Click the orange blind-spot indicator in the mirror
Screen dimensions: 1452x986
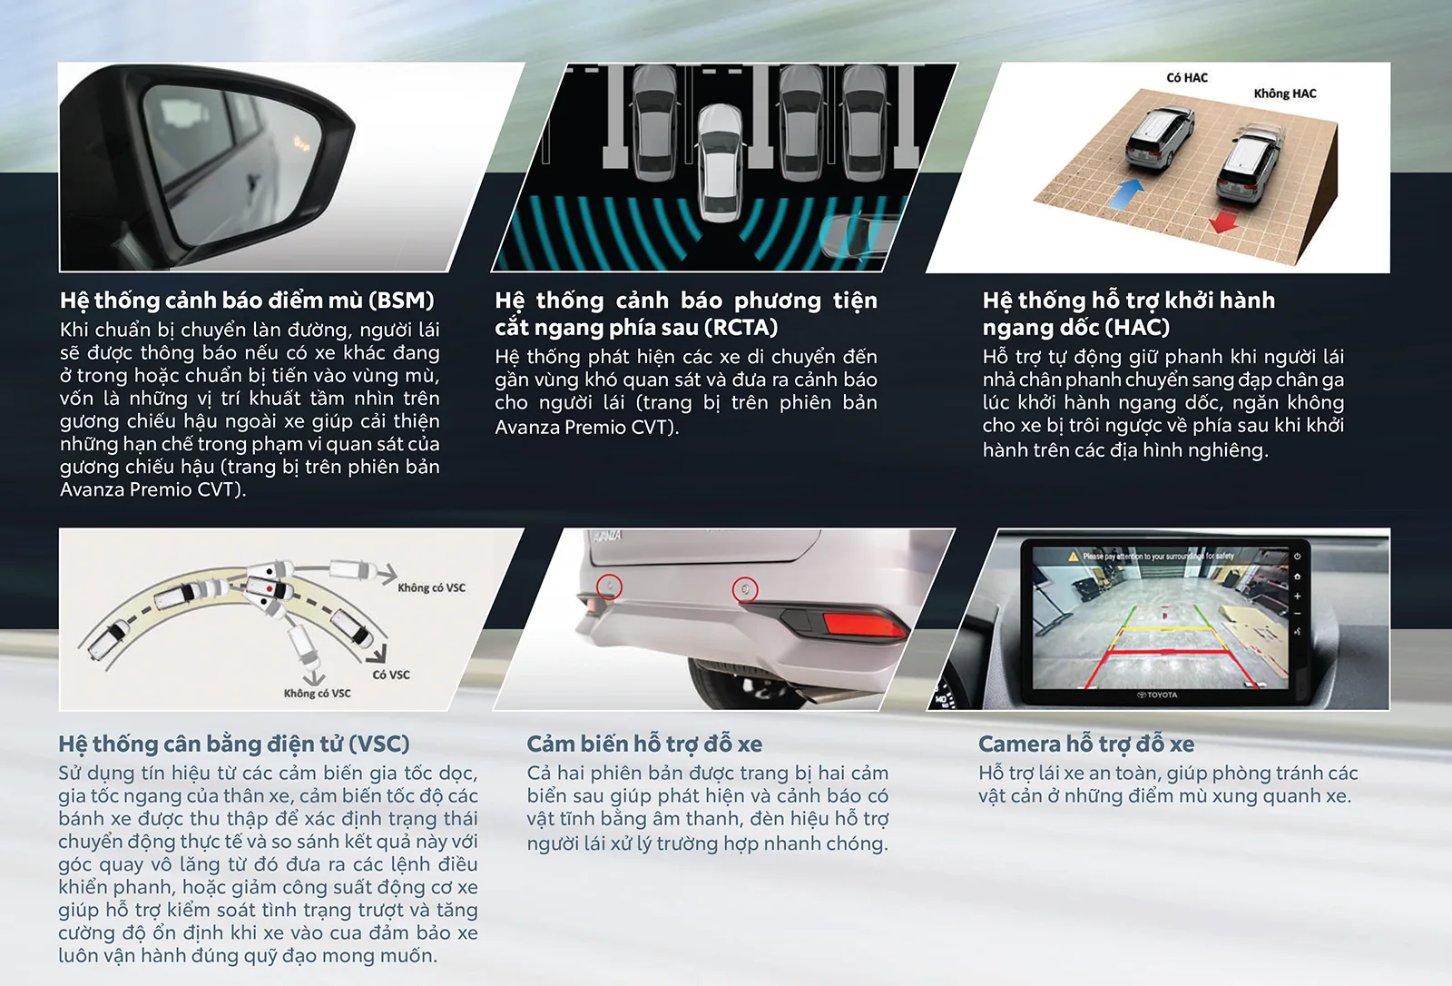pos(301,143)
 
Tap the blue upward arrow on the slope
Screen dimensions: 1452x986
pos(1126,193)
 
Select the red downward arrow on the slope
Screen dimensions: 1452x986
pos(1224,220)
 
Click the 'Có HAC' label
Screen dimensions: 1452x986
pos(1187,78)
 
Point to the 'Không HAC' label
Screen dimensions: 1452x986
pos(1285,94)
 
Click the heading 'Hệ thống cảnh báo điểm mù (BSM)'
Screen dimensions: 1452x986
pos(247,301)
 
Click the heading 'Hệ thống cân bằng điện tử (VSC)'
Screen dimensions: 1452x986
pos(234,744)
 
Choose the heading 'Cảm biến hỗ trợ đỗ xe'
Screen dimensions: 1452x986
pos(644,744)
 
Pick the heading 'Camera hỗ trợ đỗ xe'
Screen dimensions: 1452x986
pos(1085,744)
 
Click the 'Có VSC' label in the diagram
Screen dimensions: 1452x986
pos(391,675)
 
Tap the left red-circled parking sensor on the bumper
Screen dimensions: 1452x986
pos(609,587)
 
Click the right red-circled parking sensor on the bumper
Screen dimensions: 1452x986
pos(745,589)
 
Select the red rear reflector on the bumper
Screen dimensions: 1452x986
pos(864,625)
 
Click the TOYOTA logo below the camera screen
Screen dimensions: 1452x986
pos(1157,695)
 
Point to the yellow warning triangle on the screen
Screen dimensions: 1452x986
pos(1074,556)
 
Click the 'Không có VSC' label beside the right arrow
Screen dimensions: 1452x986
pos(431,587)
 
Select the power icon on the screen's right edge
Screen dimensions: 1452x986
pos(1297,556)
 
